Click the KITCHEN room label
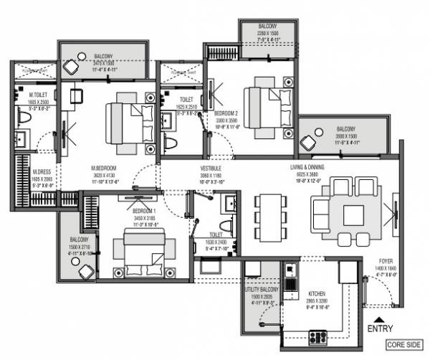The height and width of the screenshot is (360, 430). tap(318, 294)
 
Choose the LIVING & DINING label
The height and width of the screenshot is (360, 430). tap(307, 167)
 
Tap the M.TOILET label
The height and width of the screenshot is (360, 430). tap(39, 95)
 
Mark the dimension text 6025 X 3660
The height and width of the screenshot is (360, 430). tap(307, 174)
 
